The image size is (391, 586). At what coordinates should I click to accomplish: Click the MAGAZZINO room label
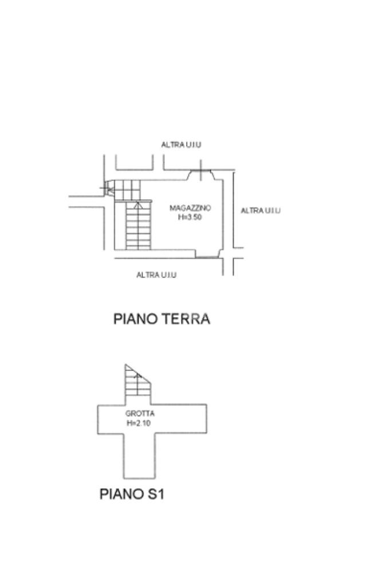point(190,208)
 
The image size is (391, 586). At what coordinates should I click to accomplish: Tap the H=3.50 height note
point(190,216)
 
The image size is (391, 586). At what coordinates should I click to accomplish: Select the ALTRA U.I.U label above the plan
point(181,145)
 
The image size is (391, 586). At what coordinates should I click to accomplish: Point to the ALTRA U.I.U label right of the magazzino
point(260,211)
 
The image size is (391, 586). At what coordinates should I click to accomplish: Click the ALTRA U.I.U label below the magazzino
point(156,275)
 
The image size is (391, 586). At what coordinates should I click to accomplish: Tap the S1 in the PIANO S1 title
point(153,494)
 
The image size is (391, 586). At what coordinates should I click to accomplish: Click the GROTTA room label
point(140,413)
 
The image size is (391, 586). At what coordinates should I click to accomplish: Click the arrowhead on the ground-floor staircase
point(137,204)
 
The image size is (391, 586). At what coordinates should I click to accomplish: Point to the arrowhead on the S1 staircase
point(137,375)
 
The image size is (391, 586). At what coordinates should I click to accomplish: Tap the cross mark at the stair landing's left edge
point(106,187)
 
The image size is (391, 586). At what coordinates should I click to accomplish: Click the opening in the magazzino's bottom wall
point(208,256)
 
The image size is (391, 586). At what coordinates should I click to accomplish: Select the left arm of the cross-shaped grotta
point(110,419)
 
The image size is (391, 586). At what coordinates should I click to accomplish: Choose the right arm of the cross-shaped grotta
point(180,419)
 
